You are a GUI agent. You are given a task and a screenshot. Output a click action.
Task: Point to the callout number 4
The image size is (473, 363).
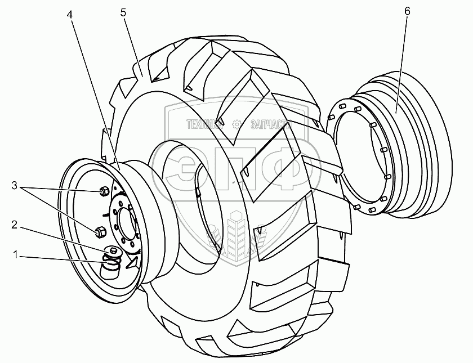[x=70, y=15]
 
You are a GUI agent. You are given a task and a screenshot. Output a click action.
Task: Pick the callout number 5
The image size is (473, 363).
[x=122, y=11]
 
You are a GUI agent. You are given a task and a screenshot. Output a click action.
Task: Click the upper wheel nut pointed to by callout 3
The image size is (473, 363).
[x=104, y=192]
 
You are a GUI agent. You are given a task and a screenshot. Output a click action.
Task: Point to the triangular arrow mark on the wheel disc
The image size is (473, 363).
[x=132, y=262]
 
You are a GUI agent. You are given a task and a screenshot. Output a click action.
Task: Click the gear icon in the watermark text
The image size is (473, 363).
[x=237, y=123]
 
